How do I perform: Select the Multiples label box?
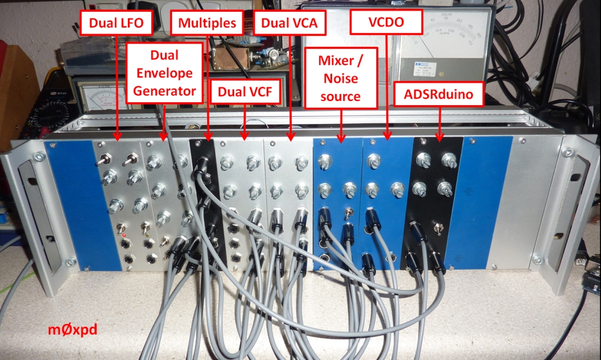click(207, 23)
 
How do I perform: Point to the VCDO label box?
click(387, 23)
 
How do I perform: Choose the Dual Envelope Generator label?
click(164, 73)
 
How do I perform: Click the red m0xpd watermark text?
click(72, 330)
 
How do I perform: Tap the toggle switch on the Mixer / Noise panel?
click(350, 215)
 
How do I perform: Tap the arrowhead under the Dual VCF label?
click(245, 138)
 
